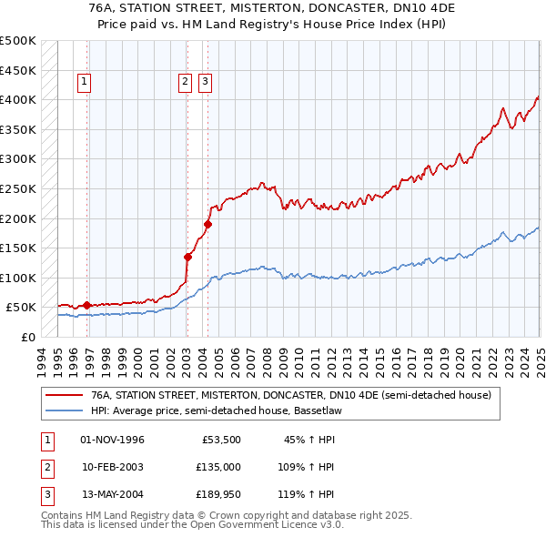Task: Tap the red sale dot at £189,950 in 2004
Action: [207, 224]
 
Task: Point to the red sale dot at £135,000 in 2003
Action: [187, 257]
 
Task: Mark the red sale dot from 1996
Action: [87, 305]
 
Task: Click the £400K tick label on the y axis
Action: [18, 99]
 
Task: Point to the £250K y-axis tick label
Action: [18, 188]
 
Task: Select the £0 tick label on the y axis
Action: [29, 337]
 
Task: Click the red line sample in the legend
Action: [65, 396]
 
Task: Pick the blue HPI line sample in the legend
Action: [65, 410]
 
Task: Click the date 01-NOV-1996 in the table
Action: [113, 441]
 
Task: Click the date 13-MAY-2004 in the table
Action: [113, 494]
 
